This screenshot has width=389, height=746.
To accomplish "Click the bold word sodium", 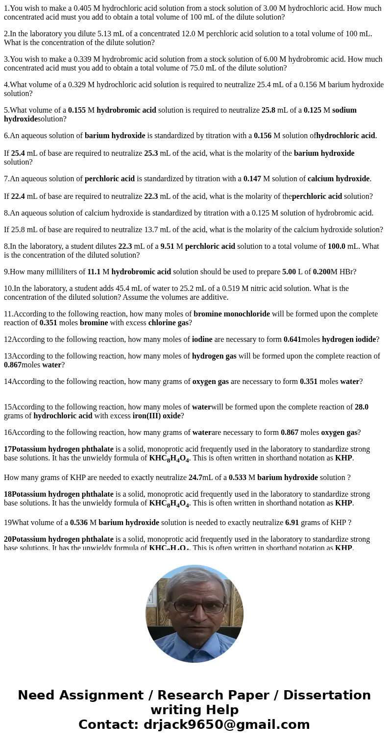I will (344, 110).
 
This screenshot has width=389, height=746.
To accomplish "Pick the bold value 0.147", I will (252, 179).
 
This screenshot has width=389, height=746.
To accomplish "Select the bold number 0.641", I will (292, 339).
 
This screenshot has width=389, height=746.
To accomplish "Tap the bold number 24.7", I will (195, 478).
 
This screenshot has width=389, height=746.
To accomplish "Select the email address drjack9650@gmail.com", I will (226, 725).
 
